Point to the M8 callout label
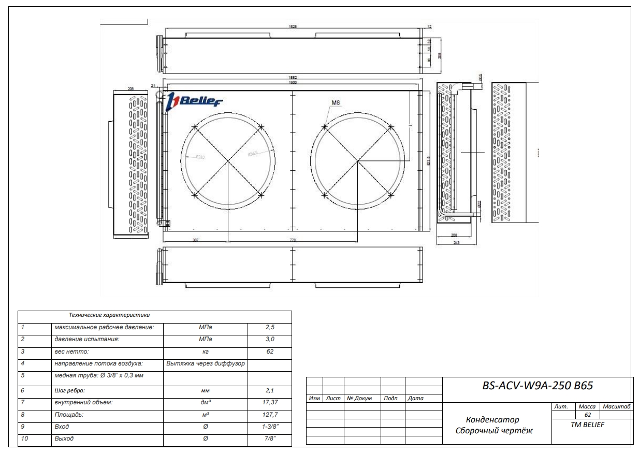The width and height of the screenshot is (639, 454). tap(336, 103)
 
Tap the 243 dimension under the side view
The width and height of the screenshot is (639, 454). tap(456, 243)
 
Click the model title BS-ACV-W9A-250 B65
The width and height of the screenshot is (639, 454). tap(538, 386)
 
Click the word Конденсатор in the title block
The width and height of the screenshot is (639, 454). tap(492, 420)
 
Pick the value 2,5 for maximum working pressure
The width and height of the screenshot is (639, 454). tap(269, 328)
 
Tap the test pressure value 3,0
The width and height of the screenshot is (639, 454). tap(269, 340)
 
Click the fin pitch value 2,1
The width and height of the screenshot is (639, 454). tap(269, 390)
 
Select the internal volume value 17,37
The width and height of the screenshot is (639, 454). tap(269, 402)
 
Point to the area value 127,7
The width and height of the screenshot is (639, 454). tap(269, 415)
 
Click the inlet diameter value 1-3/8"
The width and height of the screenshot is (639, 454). tap(269, 427)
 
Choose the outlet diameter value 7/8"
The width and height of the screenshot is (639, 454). tap(269, 439)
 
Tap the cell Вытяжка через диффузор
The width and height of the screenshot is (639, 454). tap(206, 364)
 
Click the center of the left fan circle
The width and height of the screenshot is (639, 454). tap(228, 161)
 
